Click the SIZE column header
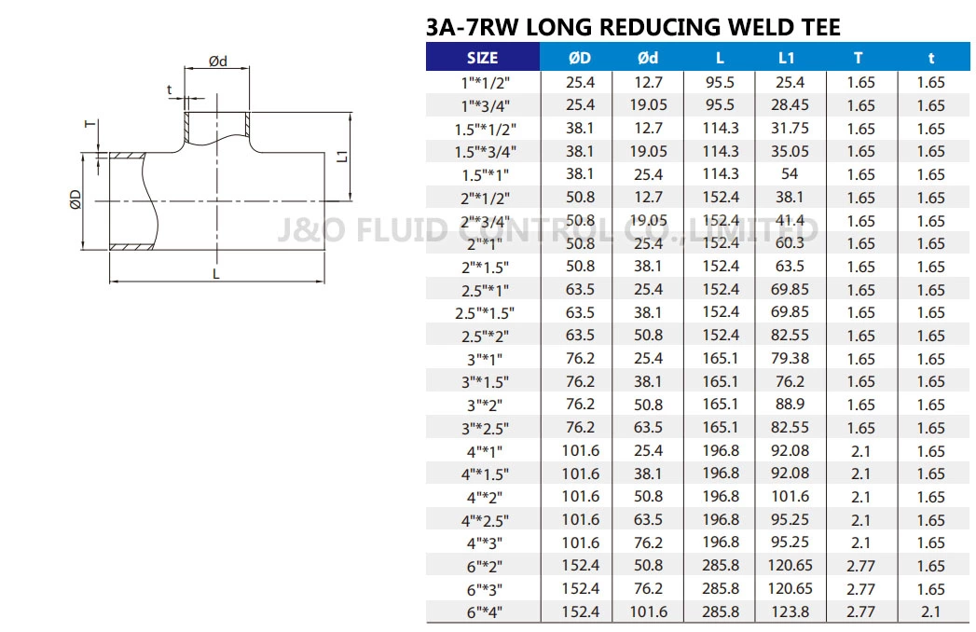click(482, 58)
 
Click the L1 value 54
click(790, 174)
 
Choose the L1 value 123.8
click(790, 612)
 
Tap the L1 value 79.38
click(790, 359)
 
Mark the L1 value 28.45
click(790, 105)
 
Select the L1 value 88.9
click(790, 405)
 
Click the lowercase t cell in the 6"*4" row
click(930, 612)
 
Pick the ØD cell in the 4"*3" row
click(580, 543)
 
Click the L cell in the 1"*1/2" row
click(720, 82)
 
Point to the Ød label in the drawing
click(217, 62)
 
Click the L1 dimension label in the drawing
click(341, 157)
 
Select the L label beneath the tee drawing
click(216, 274)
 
